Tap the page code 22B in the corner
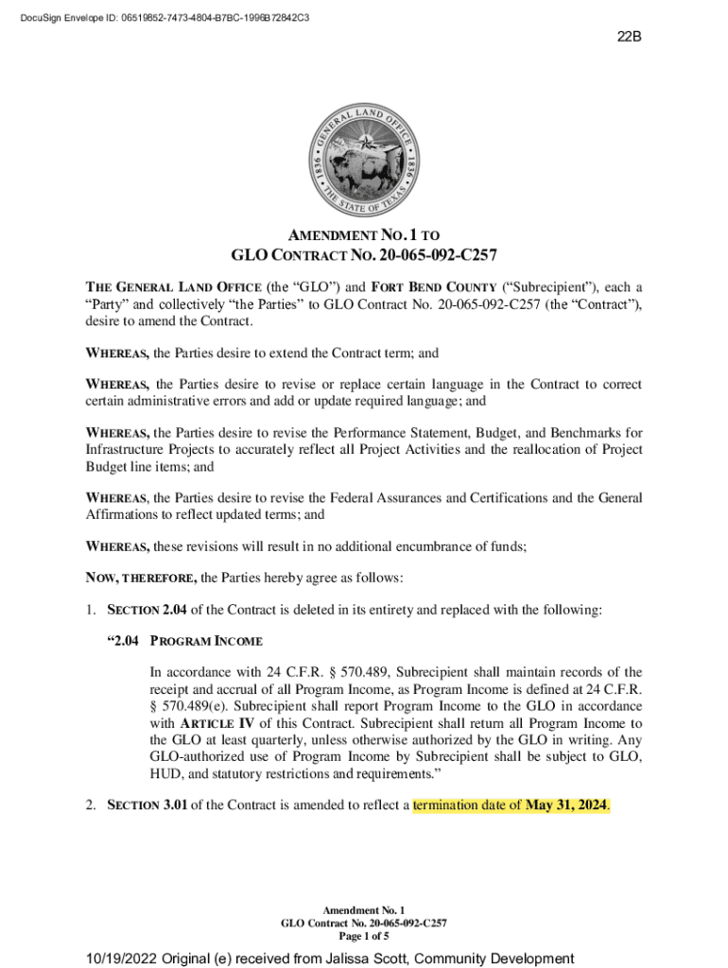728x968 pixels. [630, 38]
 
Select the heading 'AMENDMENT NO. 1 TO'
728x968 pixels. [364, 234]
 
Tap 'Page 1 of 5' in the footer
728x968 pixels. [364, 936]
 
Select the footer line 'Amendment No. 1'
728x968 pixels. [364, 909]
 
